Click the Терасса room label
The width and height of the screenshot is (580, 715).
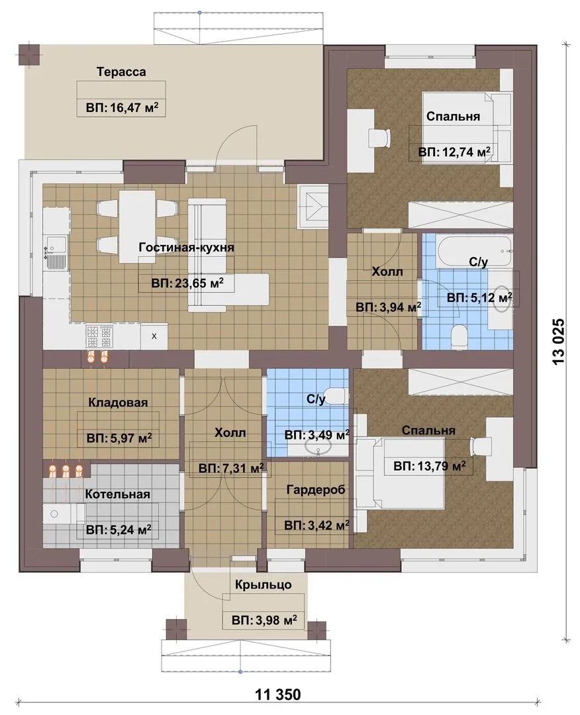121,72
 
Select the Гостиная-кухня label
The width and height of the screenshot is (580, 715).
187,248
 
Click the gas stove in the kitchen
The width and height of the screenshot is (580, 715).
99,337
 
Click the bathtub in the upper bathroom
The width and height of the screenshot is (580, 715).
473,252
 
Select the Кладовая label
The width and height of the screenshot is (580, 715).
118,403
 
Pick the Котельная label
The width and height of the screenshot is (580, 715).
118,495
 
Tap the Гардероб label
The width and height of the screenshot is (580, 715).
316,490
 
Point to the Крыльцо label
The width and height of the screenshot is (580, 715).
264,585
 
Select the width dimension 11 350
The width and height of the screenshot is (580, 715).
278,694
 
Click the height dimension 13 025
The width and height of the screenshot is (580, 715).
559,341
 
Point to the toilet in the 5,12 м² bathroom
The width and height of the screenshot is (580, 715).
458,336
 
